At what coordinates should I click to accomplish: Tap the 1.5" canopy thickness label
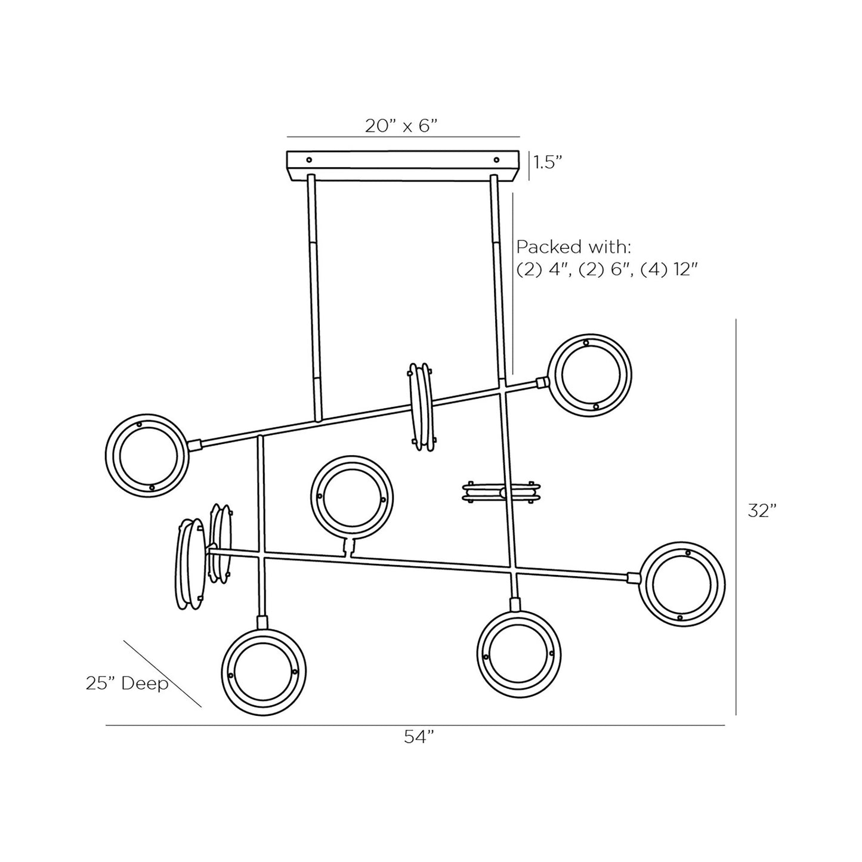548,162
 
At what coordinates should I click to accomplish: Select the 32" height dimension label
762,511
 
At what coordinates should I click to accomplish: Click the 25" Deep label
127,684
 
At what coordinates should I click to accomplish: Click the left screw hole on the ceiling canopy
309,160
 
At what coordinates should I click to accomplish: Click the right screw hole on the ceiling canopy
496,160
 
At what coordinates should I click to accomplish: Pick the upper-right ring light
590,375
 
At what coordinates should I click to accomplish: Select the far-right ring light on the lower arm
682,584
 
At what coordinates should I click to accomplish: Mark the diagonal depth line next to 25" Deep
162,674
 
